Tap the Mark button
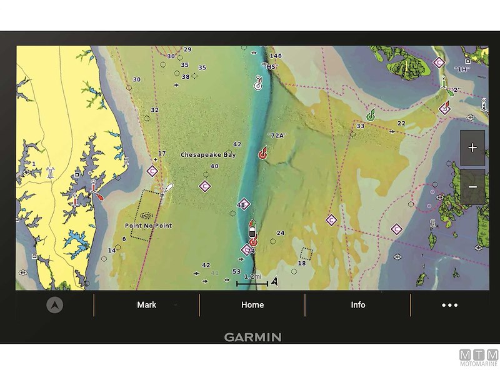pos(147,305)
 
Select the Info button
pos(358,305)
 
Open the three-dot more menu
pos(449,306)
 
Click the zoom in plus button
pos(472,148)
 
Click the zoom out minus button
pos(472,187)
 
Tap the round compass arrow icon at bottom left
pos(55,305)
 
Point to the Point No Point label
pos(149,225)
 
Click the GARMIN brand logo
pos(252,337)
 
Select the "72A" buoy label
pos(276,136)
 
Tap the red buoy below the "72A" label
pos(263,152)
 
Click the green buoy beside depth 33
pos(371,114)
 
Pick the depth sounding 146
pos(276,56)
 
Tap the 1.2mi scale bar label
pos(252,276)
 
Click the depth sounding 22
pos(401,123)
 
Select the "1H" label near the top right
pos(462,69)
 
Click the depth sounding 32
pos(155,110)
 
